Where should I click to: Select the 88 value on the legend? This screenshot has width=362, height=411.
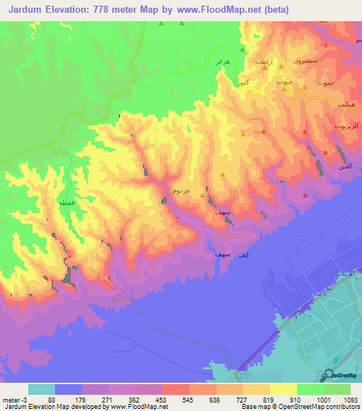tap(52, 400)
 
